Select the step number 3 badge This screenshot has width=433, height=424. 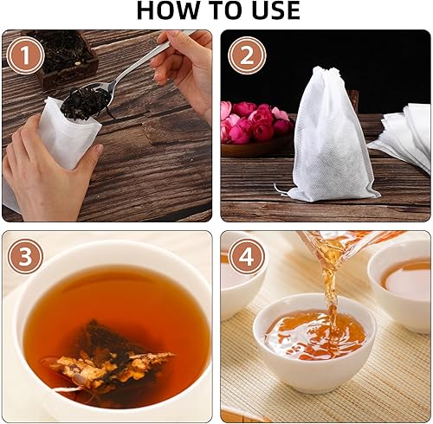pyautogui.click(x=26, y=256)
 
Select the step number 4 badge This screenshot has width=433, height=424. pyautogui.click(x=247, y=256)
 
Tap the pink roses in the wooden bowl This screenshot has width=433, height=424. pyautogui.click(x=255, y=121)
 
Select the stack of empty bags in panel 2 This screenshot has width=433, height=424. pyautogui.click(x=403, y=138)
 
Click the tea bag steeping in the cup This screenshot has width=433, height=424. pyautogui.click(x=108, y=355)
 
